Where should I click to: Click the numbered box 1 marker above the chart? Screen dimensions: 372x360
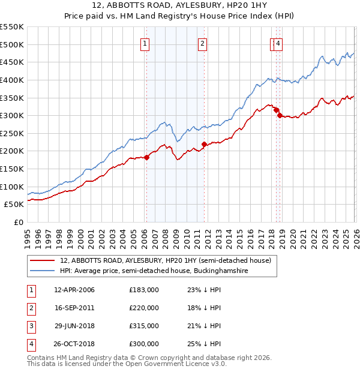click(x=146, y=43)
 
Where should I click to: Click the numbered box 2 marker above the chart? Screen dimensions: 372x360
click(x=203, y=43)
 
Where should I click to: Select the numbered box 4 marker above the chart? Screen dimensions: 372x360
click(x=280, y=43)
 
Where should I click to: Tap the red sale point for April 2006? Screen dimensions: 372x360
click(x=146, y=157)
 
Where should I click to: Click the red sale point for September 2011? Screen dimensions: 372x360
click(x=204, y=144)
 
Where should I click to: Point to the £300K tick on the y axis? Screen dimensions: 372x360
click(x=12, y=115)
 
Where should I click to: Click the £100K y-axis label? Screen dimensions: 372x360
click(x=12, y=187)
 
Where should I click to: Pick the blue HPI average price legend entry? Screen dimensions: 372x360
click(x=162, y=271)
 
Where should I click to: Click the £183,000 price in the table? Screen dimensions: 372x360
click(x=144, y=290)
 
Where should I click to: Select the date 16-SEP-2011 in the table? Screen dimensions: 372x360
click(x=74, y=308)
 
